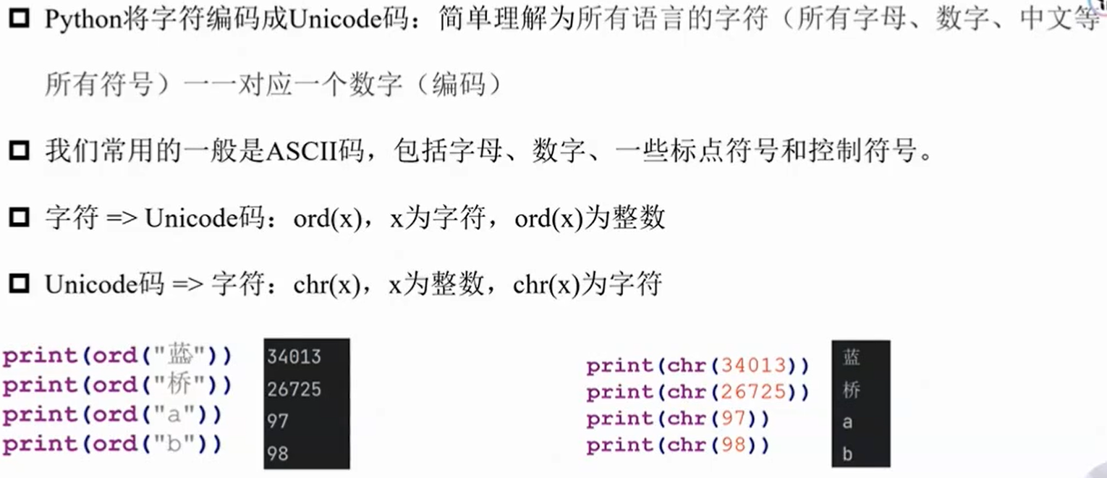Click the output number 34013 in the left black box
(294, 357)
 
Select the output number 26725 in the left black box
(294, 390)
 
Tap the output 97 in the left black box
(278, 421)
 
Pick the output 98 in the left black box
(278, 453)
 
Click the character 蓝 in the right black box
(852, 357)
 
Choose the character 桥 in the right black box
(852, 390)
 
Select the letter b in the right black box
(848, 454)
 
